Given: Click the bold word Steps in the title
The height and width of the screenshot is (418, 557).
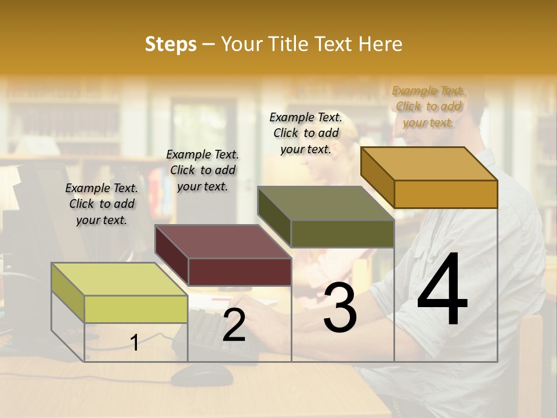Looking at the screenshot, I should (171, 45).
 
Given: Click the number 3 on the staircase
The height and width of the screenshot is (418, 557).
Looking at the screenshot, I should (340, 308).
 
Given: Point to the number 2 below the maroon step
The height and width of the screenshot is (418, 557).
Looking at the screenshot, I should (234, 326).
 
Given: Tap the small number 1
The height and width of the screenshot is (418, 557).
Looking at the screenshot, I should (135, 343).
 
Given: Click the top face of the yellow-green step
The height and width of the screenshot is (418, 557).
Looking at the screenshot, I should (120, 279).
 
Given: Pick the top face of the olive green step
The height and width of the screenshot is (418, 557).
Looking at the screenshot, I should (325, 204).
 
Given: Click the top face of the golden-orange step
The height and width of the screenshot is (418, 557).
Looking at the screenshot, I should (429, 164).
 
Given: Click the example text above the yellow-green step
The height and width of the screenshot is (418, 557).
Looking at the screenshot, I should (102, 204).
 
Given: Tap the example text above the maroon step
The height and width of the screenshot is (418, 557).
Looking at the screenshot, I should (202, 170).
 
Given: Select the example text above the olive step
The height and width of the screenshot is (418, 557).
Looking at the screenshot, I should (306, 133).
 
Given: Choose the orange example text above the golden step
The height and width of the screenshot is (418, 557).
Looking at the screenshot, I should (429, 106).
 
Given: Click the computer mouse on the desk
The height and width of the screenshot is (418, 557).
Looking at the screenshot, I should (201, 375).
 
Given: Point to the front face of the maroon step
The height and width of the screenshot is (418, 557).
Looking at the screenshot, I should (240, 272).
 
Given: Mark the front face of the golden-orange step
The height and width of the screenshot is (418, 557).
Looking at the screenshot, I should (446, 194).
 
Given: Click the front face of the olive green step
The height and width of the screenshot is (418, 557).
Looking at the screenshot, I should (342, 234).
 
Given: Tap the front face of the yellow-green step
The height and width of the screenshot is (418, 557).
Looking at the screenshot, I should (136, 309).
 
